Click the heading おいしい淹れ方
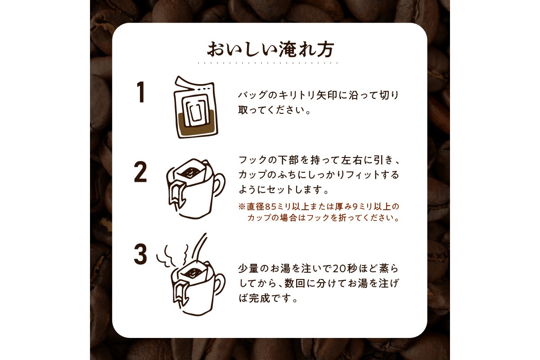click(x=270, y=49)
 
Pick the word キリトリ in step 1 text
click(x=293, y=96)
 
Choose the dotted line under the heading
click(x=270, y=63)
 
